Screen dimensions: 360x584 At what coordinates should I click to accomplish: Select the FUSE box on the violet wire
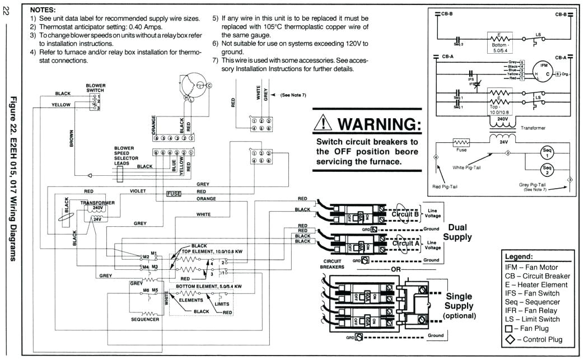click(x=174, y=194)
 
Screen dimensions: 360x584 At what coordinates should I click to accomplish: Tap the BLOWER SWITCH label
click(x=96, y=87)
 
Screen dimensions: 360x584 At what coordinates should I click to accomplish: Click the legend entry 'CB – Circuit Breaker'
click(x=537, y=276)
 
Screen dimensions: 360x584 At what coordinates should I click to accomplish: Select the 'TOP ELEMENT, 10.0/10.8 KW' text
click(x=212, y=251)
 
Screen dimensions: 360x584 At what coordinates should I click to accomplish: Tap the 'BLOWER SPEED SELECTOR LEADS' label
click(x=124, y=154)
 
